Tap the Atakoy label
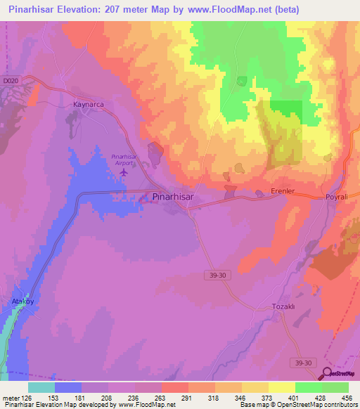coord(22,301)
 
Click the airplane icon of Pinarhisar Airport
coord(124,171)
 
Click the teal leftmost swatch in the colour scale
coord(41,387)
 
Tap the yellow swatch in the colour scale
coord(282,387)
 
